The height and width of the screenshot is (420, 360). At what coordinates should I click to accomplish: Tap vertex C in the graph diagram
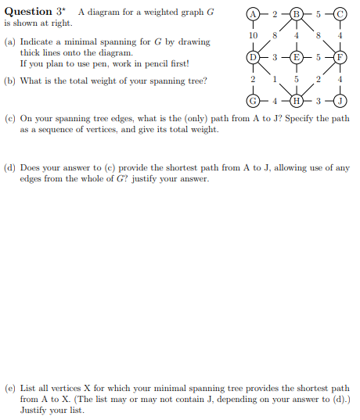[340, 13]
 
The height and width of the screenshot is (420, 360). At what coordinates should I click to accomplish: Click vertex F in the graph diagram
[340, 57]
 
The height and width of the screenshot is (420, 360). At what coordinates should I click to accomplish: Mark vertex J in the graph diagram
[340, 101]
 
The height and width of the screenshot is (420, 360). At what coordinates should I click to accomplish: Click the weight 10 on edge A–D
[253, 36]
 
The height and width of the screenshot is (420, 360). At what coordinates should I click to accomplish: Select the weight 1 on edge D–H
[273, 79]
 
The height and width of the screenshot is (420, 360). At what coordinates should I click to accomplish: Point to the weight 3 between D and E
[274, 57]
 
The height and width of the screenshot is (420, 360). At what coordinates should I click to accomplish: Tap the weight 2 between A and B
[274, 13]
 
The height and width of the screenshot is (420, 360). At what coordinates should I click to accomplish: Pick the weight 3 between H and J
[318, 101]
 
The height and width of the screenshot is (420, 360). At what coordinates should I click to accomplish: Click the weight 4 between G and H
[274, 101]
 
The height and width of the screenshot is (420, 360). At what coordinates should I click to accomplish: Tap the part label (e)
[10, 388]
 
